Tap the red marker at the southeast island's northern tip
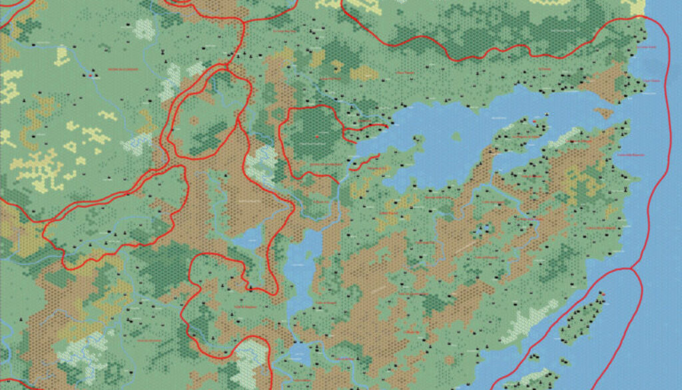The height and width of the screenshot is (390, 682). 602,294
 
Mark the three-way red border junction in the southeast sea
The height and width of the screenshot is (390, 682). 630,269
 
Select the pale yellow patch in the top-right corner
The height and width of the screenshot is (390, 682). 635,7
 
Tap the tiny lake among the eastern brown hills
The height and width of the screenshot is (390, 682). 482,230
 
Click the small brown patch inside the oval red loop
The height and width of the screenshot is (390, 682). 194,121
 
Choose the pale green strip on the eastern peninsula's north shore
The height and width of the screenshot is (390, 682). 566,137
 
